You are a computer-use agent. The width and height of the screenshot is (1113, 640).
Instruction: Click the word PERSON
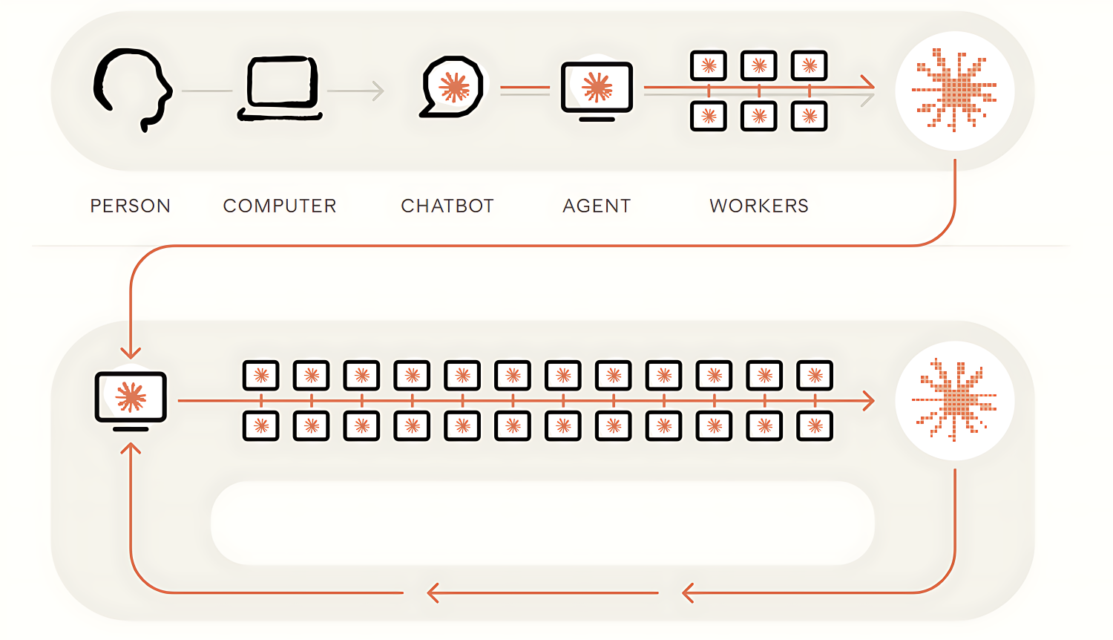point(130,206)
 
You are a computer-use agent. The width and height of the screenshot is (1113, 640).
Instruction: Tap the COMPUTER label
point(280,206)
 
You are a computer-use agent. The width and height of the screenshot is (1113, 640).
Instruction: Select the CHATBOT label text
point(447,206)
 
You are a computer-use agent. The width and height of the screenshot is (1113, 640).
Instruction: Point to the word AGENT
point(597,206)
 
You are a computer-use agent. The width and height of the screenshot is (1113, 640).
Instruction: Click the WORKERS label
point(759,206)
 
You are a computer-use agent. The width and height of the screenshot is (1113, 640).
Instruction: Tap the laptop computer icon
point(280,88)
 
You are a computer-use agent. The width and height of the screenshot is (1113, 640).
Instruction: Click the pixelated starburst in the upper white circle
point(954,90)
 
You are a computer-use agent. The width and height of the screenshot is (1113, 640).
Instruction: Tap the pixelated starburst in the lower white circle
point(954,399)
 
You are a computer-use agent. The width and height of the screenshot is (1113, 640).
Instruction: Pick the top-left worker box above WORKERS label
point(709,65)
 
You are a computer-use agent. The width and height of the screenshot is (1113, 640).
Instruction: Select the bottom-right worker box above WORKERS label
point(809,116)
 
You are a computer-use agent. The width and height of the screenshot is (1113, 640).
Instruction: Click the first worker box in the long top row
point(261,375)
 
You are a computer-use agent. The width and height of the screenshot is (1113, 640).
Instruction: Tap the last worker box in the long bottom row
point(815,425)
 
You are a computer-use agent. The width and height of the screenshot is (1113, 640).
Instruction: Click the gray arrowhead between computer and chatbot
point(378,91)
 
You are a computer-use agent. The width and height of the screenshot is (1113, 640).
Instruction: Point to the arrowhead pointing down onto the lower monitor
point(131,353)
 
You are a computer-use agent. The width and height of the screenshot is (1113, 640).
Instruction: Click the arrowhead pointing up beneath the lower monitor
point(131,448)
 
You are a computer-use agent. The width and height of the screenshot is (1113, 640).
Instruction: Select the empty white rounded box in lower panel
point(542,523)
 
